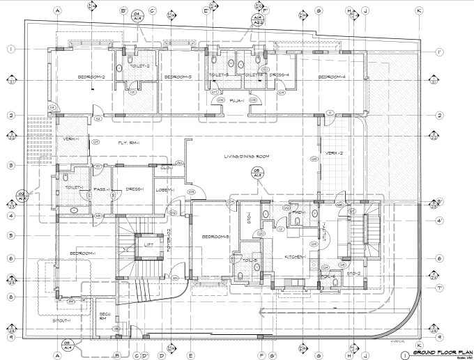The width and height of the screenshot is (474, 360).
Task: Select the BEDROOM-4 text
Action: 332,77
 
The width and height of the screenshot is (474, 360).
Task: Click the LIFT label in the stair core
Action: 148,244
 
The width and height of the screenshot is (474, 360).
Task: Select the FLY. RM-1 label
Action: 128,143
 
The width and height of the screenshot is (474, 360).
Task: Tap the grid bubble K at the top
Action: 419,10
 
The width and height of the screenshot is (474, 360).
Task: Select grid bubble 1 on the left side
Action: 12,49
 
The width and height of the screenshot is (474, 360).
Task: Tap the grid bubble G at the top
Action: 318,10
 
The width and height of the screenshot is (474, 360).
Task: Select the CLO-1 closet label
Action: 166,167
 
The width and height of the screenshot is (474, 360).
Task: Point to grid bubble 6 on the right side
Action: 439,258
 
